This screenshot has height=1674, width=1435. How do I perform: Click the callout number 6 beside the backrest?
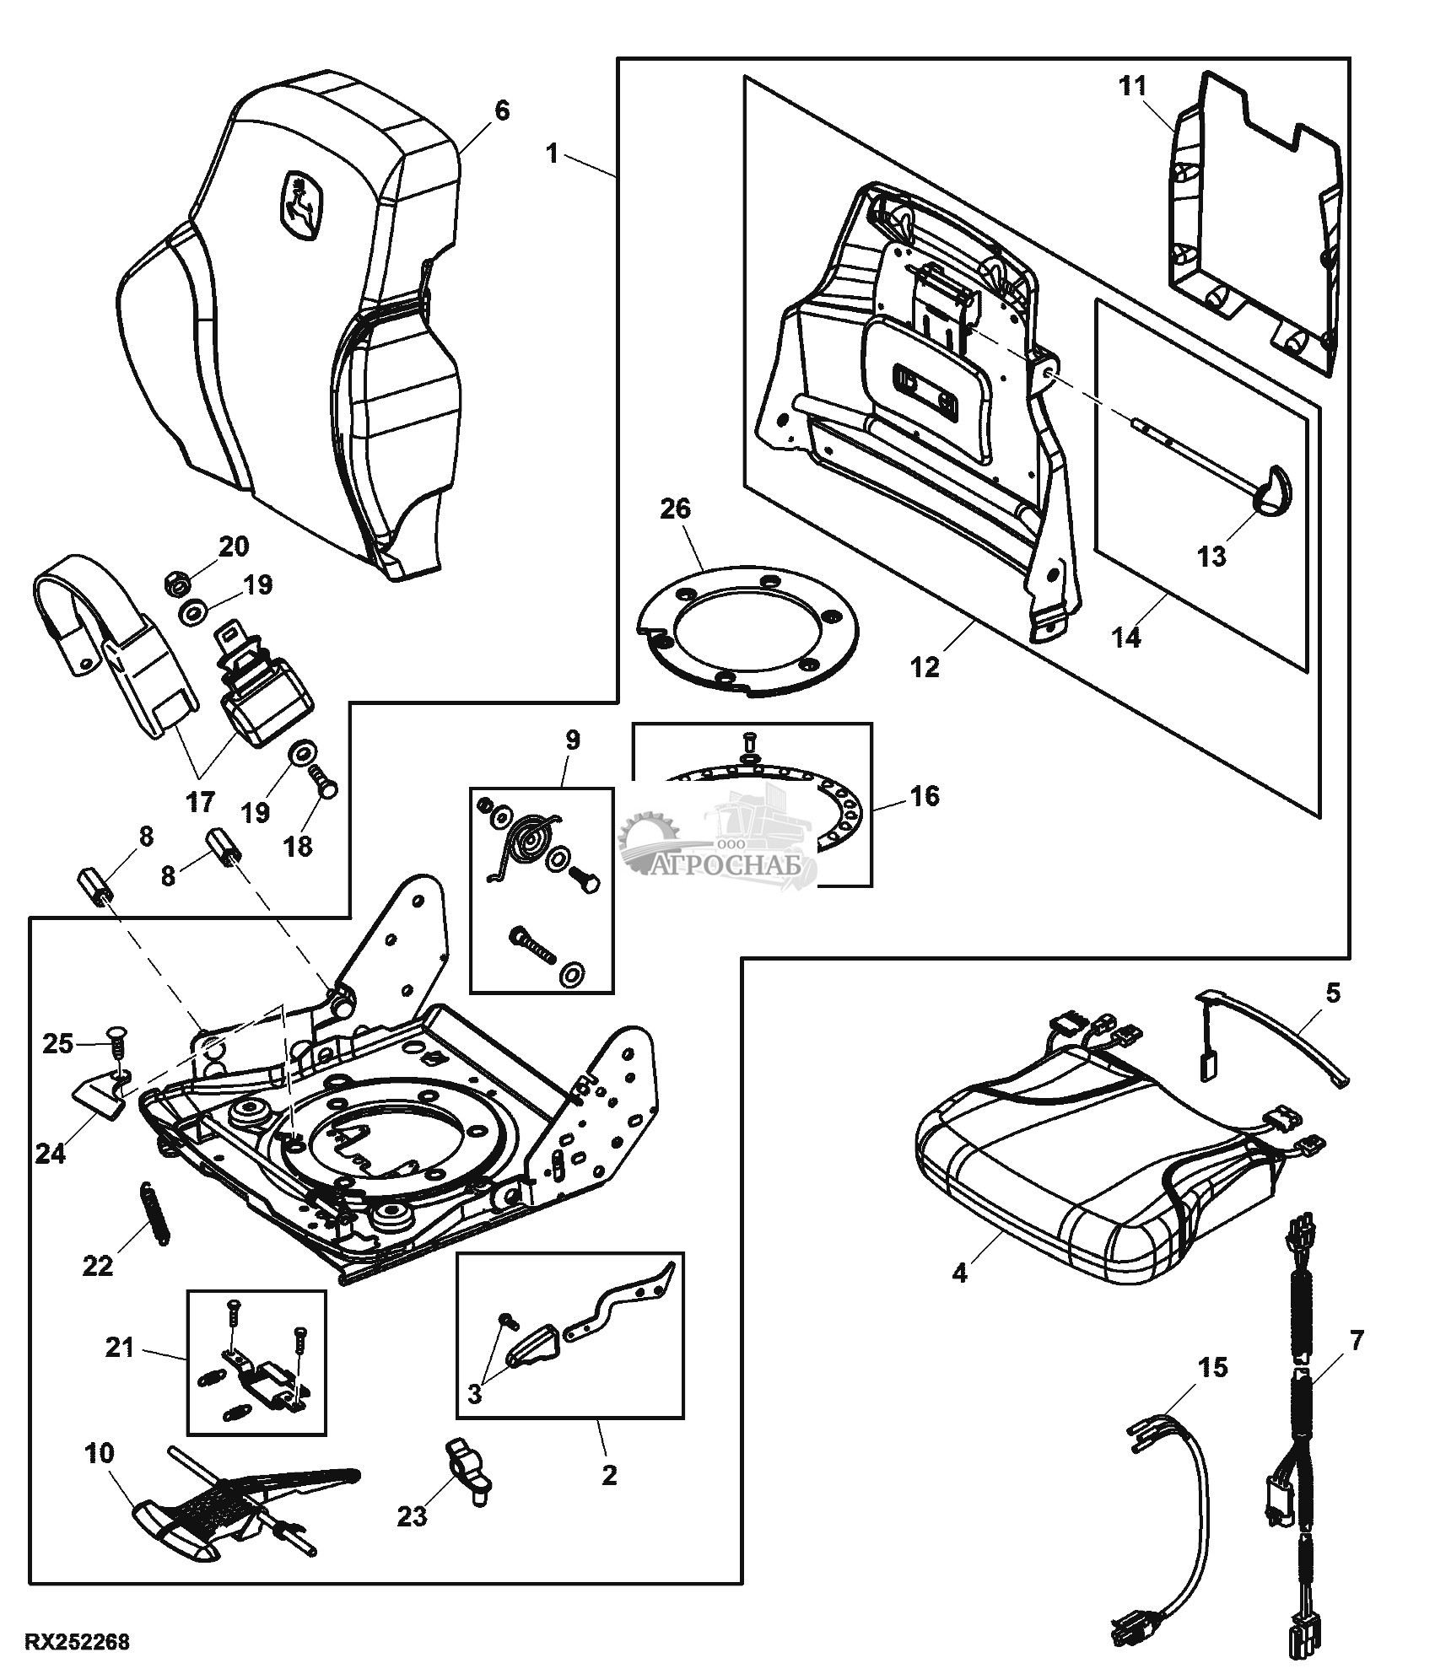(501, 110)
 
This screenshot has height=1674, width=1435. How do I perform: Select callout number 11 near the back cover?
(1134, 85)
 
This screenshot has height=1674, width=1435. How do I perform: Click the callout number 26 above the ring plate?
(676, 509)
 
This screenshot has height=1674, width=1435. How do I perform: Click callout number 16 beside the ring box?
(925, 795)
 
